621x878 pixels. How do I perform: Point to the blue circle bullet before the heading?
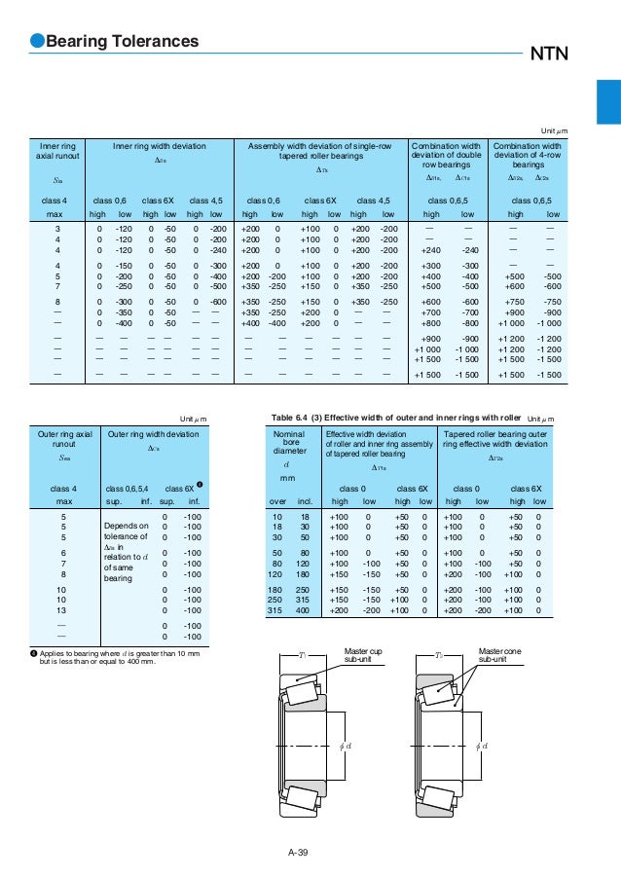37,42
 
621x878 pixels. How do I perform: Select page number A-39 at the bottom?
299,854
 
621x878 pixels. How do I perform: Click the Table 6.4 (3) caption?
396,418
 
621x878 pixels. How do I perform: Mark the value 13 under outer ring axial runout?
64,608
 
